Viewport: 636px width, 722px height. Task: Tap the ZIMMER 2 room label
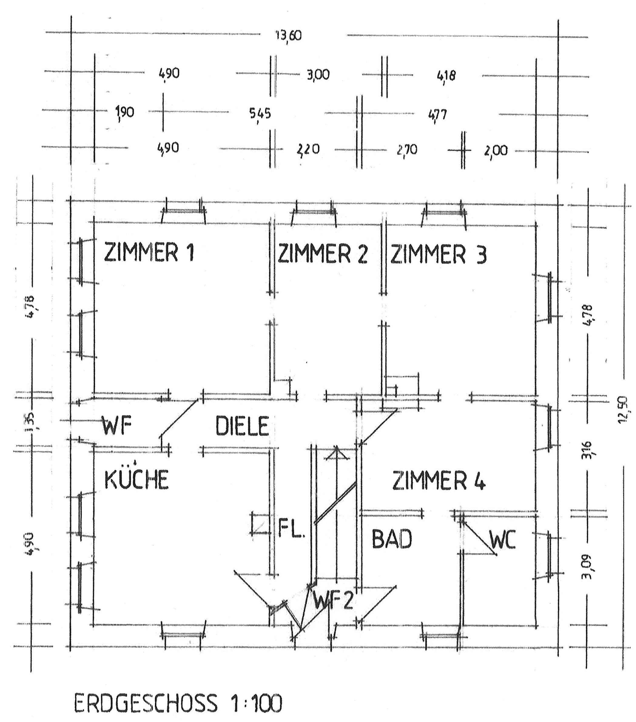tap(323, 253)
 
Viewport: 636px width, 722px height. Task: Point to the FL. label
tap(291, 528)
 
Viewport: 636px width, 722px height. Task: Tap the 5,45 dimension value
tap(260, 113)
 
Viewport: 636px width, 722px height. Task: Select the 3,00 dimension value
tap(318, 75)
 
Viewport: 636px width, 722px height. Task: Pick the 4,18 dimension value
tap(446, 76)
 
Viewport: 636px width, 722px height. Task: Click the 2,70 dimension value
tap(407, 150)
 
